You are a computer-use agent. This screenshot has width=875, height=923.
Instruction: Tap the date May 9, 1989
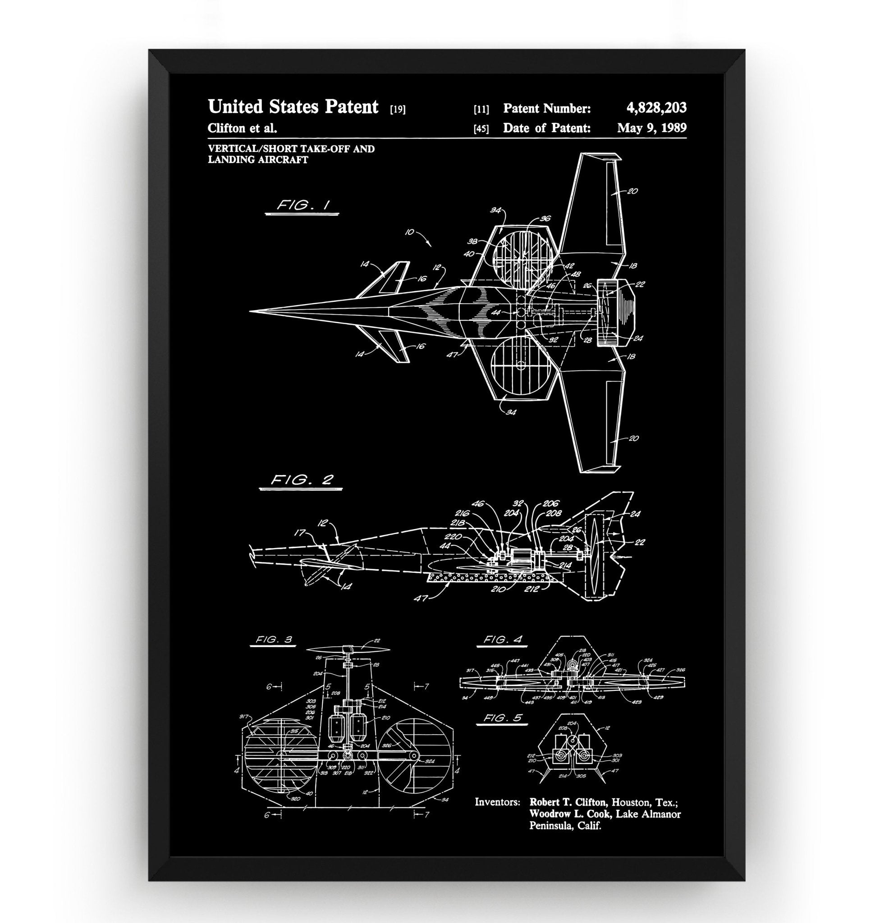(x=651, y=128)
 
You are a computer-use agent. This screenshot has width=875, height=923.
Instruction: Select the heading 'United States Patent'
(x=293, y=107)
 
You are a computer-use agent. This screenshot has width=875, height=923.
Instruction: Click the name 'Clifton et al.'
(x=242, y=128)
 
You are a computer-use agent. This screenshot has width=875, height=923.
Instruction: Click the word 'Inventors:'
(x=497, y=802)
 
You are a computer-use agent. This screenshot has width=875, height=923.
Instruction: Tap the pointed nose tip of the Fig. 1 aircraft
(x=251, y=310)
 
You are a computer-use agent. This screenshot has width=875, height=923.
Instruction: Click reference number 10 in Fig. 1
(x=409, y=232)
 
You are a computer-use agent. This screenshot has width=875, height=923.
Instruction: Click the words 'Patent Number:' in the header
(x=547, y=109)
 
